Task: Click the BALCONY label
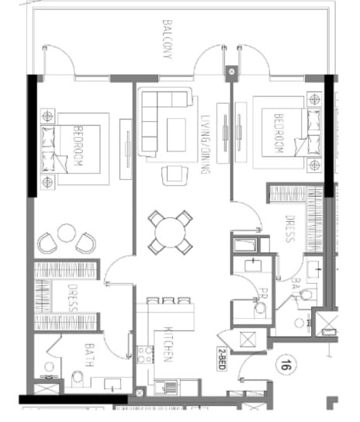point(167,39)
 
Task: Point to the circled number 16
point(286,364)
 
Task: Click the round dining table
point(170,231)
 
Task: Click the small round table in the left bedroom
point(67,232)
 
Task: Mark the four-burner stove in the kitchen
point(145,355)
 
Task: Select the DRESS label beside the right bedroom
point(289,229)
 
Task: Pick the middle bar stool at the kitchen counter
point(165,300)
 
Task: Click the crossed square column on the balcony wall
point(230,74)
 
